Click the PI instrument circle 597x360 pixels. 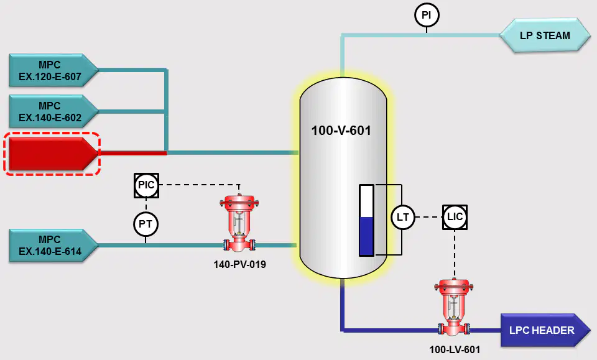[x=427, y=15]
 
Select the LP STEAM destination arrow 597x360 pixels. [x=545, y=35]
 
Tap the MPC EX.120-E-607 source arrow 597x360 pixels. [x=53, y=70]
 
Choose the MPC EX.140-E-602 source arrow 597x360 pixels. [x=53, y=111]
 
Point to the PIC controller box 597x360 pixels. [x=147, y=185]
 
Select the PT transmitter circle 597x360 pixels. [x=146, y=224]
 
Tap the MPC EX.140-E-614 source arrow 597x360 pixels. [x=53, y=246]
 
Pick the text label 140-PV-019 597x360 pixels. [x=240, y=264]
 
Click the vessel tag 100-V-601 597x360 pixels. [x=341, y=131]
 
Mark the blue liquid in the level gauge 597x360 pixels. [x=366, y=236]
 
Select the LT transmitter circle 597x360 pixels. [x=403, y=217]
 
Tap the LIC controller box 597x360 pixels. [x=455, y=217]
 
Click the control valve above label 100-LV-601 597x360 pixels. [x=454, y=307]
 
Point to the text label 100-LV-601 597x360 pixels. [x=455, y=349]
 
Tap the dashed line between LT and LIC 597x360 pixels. [x=428, y=217]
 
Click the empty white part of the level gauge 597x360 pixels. [x=366, y=201]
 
